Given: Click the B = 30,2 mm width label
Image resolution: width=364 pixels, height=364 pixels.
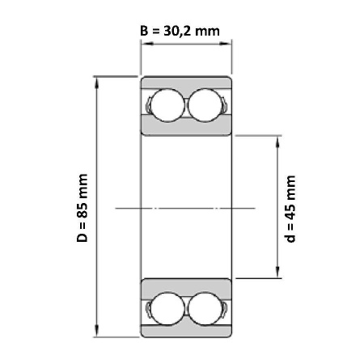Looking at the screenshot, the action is pos(180,32).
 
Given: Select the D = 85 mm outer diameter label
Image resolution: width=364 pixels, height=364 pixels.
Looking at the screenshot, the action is pos(83,208).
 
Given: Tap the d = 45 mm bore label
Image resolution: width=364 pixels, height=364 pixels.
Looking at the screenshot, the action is pos(290,209).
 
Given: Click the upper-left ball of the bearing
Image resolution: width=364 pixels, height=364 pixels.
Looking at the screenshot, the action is pos(167,105).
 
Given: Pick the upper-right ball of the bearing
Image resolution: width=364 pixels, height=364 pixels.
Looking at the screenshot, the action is pos(205,105).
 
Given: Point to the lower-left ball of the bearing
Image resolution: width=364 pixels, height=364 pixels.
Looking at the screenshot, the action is pos(167,308).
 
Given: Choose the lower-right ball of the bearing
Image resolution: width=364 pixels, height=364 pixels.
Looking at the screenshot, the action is pos(205,308).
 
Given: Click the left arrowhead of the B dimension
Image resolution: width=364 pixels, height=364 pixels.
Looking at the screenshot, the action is pos(147,44).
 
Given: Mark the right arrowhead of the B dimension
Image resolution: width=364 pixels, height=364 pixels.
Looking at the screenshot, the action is pos(226,44).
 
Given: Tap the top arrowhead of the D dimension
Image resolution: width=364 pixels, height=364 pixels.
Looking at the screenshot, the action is pos(97,83).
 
